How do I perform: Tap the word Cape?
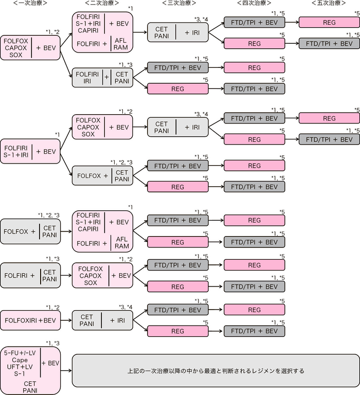point(20,361)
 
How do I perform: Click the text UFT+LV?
point(20,367)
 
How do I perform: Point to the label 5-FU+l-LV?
point(20,353)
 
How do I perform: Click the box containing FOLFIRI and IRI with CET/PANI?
point(102,78)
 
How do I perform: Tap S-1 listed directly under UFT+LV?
point(20,374)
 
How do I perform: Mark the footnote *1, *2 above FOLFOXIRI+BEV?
point(52,307)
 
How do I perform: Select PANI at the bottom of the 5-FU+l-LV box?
point(30,390)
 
